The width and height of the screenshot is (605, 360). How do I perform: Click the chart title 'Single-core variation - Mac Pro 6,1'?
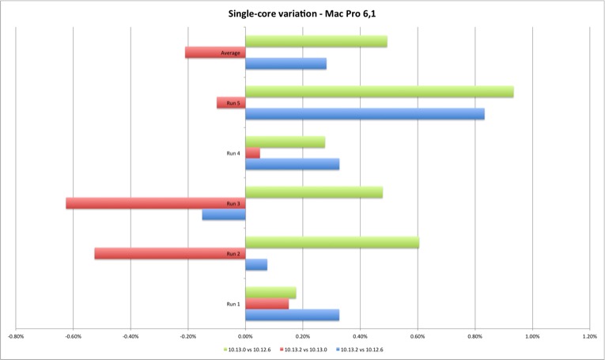pyautogui.click(x=302, y=13)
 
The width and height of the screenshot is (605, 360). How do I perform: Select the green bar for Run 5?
pyautogui.click(x=380, y=92)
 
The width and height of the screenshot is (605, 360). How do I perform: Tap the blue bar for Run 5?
pyautogui.click(x=365, y=114)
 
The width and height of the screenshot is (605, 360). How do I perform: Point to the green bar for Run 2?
pyautogui.click(x=332, y=242)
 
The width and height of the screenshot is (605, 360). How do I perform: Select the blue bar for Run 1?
pyautogui.click(x=292, y=315)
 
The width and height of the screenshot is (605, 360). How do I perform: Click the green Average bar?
pyautogui.click(x=316, y=41)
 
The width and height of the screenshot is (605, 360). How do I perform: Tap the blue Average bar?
pyautogui.click(x=285, y=63)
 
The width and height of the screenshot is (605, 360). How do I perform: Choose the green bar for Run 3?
pyautogui.click(x=314, y=192)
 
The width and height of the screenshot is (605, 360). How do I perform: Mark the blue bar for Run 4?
pyautogui.click(x=292, y=165)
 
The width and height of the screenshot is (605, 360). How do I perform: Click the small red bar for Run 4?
pyautogui.click(x=252, y=153)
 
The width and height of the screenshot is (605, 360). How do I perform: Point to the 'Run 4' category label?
pyautogui.click(x=233, y=153)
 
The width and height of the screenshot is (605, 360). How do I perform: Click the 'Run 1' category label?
pyautogui.click(x=233, y=304)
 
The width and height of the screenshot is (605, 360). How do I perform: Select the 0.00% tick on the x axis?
pyautogui.click(x=245, y=335)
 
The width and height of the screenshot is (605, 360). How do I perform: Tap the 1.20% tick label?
pyautogui.click(x=589, y=335)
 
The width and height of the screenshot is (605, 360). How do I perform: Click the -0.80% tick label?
pyautogui.click(x=16, y=335)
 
